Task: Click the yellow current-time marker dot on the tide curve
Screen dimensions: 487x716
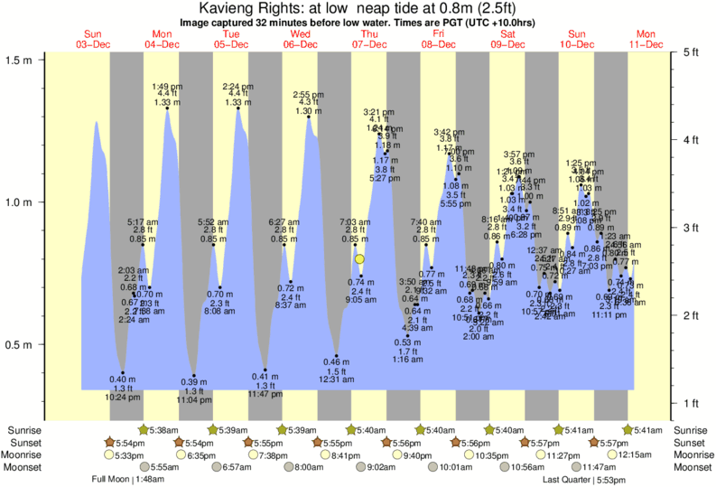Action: [x=359, y=259]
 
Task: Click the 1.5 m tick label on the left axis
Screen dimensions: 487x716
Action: [x=20, y=60]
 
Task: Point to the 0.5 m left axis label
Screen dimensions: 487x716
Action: [x=20, y=345]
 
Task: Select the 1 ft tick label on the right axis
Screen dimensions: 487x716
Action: [x=691, y=402]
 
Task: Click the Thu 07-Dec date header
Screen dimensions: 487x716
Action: [x=369, y=39]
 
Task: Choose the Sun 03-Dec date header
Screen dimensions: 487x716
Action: [x=93, y=39]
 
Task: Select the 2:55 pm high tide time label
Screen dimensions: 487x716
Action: [x=309, y=95]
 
